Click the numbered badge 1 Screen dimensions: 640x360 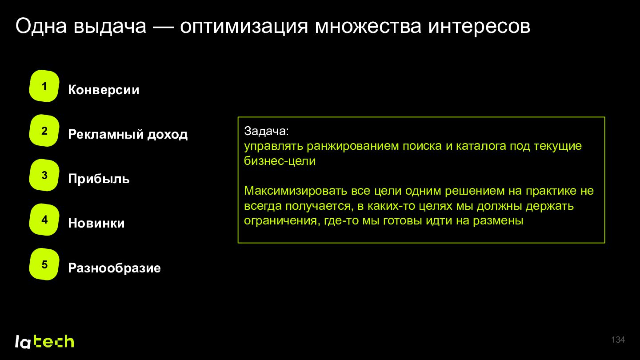click(x=44, y=86)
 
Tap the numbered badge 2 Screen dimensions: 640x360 click(x=44, y=131)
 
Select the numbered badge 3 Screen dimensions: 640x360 click(x=44, y=175)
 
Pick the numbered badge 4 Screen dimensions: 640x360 click(x=44, y=220)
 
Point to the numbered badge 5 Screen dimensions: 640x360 click(x=44, y=264)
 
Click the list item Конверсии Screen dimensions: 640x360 click(x=104, y=90)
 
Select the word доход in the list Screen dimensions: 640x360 click(x=168, y=135)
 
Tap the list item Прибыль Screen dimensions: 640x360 click(x=99, y=179)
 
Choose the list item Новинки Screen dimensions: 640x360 click(x=96, y=223)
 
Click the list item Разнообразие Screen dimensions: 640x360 click(x=114, y=268)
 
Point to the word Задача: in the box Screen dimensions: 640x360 click(x=267, y=131)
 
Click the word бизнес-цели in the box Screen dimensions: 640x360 click(x=280, y=161)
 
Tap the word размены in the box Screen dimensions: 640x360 click(x=498, y=221)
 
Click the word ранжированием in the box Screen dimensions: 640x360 click(x=353, y=146)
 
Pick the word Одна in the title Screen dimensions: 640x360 click(x=41, y=26)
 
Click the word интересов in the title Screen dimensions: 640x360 click(x=479, y=27)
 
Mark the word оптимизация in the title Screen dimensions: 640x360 click(x=244, y=27)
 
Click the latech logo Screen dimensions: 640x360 click(x=44, y=341)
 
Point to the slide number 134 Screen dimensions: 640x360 click(x=618, y=340)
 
